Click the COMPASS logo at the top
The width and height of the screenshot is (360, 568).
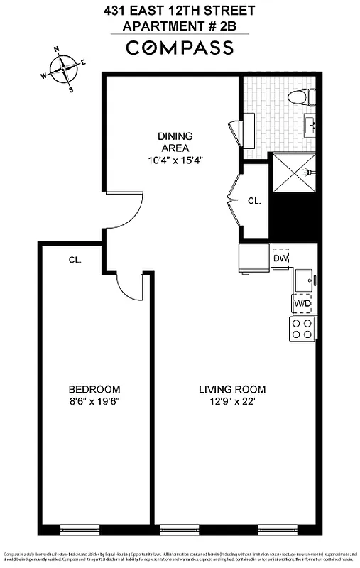coord(180,48)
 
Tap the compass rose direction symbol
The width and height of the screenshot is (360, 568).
coord(64,69)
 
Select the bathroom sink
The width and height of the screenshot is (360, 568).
coord(310,126)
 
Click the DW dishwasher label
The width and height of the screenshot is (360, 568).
coord(280,258)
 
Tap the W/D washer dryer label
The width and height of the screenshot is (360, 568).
coord(302,303)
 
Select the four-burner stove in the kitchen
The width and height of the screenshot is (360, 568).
coord(302,328)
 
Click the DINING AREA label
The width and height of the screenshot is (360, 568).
coord(175,142)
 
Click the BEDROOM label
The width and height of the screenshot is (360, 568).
coord(94,389)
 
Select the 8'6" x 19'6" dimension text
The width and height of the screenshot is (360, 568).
coord(94,401)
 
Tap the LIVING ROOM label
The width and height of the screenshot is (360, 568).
coord(231,389)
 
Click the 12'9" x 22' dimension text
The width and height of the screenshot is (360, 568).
coord(231,401)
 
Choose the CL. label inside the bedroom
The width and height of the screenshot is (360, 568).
coord(75,260)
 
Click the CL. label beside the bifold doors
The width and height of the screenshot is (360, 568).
coord(254,201)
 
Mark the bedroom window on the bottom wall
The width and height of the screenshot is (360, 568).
coord(79,529)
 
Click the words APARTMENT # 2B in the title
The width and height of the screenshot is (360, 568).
coord(180,26)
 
